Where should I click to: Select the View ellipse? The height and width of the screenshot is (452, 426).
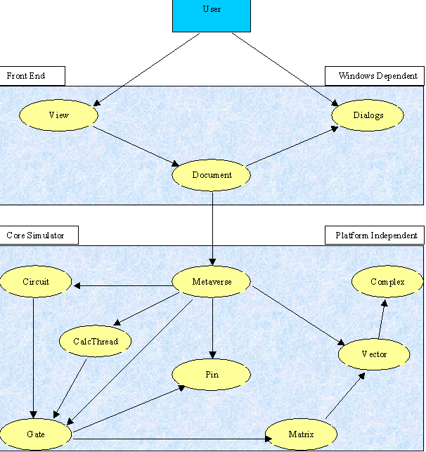[59, 115]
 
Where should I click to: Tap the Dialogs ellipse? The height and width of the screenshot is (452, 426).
[368, 115]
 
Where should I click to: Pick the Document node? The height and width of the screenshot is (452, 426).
[212, 175]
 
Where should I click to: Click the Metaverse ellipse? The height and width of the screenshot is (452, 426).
[212, 283]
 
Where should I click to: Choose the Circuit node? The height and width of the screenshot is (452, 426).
[36, 282]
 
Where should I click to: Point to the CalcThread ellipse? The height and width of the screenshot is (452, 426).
[96, 342]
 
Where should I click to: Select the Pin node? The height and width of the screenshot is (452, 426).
[212, 375]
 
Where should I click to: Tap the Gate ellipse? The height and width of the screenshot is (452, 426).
[35, 434]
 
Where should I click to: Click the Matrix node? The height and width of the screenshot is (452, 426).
[301, 434]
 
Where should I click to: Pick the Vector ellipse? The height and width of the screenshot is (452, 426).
[373, 354]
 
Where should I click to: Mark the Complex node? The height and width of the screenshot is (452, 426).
[387, 282]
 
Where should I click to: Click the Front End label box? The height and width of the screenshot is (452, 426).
[32, 76]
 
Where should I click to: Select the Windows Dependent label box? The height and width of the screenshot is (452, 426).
[375, 76]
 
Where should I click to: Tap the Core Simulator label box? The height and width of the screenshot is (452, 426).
[39, 235]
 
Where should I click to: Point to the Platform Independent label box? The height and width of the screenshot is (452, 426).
[375, 235]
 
